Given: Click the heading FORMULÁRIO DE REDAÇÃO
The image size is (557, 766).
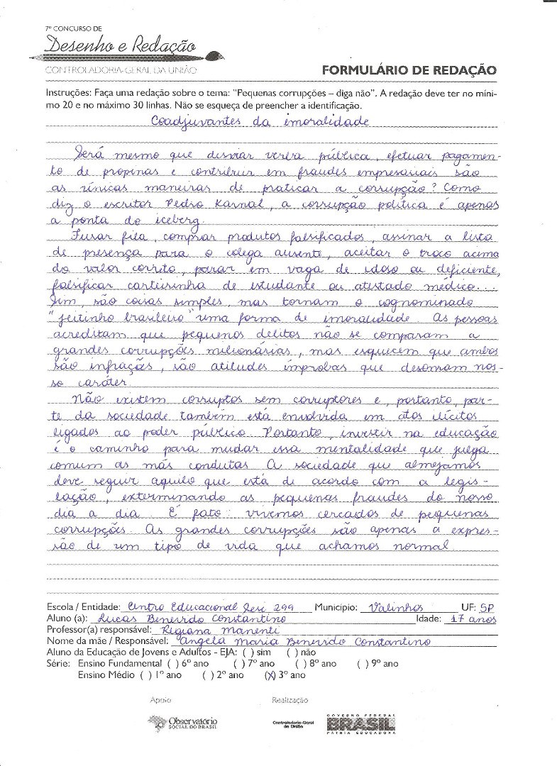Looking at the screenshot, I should tap(409, 70).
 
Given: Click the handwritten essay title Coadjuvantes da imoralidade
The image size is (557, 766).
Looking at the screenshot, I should tap(260, 121).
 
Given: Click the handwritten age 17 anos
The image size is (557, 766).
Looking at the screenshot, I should tap(473, 619).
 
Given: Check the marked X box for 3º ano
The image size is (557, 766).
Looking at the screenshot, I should tap(269, 675).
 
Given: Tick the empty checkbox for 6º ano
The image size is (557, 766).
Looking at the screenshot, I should tap(171, 664).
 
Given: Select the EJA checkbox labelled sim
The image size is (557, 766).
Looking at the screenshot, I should tap(246, 653).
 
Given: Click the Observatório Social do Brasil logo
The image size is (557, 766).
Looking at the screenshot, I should tap(183, 723).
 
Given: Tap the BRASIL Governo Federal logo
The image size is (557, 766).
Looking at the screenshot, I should tap(360, 723).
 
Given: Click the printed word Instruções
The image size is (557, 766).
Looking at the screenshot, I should tap(68, 93).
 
